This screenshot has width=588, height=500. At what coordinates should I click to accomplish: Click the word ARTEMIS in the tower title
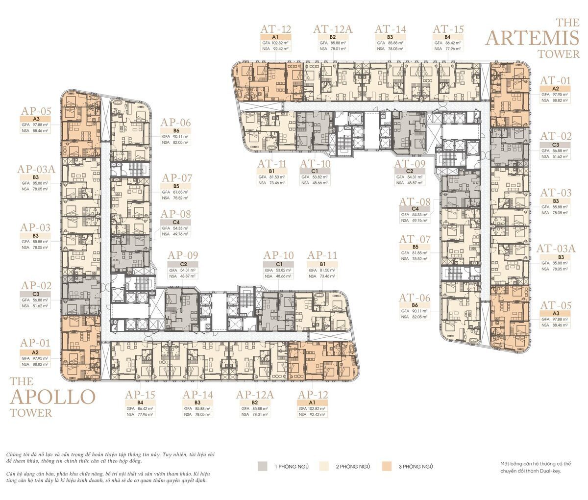pyautogui.click(x=532, y=37)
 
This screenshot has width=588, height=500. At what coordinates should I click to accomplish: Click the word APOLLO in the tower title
pyautogui.click(x=52, y=397)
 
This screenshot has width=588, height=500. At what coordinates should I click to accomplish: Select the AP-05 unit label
pyautogui.click(x=35, y=111)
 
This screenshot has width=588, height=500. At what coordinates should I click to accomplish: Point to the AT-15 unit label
pyautogui.click(x=448, y=29)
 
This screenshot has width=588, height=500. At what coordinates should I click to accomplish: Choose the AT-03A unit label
pyautogui.click(x=556, y=249)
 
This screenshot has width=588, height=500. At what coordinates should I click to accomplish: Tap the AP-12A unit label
pyautogui.click(x=255, y=395)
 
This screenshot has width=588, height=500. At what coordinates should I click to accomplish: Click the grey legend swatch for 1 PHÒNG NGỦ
pyautogui.click(x=263, y=466)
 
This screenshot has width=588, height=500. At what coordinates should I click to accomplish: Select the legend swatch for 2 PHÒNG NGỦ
pyautogui.click(x=323, y=466)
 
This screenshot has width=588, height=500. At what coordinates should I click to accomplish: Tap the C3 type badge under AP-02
pyautogui.click(x=35, y=294)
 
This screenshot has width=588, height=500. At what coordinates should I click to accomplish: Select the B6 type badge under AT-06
pyautogui.click(x=414, y=305)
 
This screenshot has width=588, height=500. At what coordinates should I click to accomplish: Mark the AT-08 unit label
pyautogui.click(x=415, y=202)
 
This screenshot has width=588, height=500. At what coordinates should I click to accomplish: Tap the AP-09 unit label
pyautogui.click(x=183, y=255)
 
